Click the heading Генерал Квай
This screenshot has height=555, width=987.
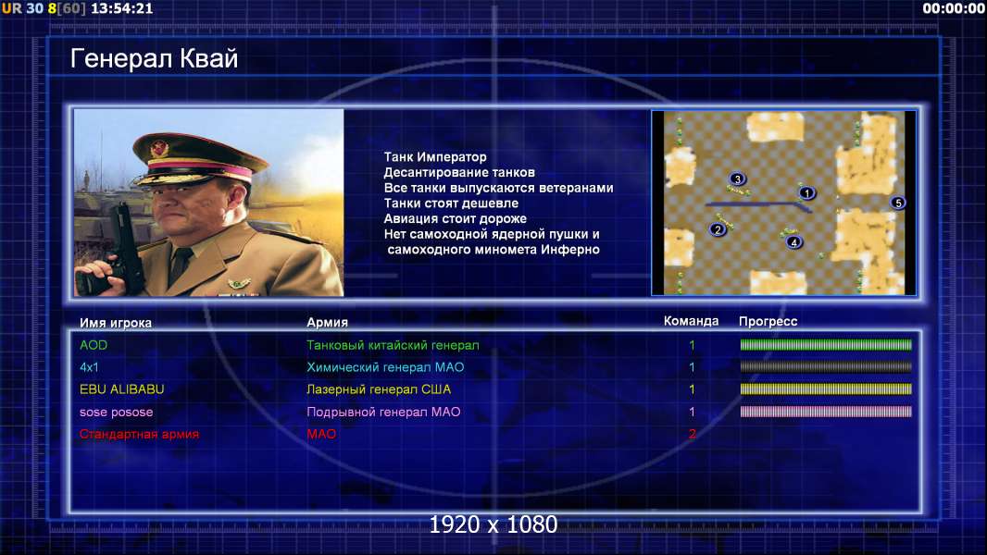click(x=155, y=58)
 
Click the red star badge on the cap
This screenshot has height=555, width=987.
click(x=159, y=149)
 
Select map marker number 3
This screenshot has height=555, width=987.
click(x=737, y=179)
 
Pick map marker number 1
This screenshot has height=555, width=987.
click(x=806, y=193)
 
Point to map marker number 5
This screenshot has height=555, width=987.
click(x=897, y=203)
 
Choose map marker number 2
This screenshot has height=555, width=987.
click(x=717, y=229)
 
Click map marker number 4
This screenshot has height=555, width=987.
click(x=793, y=242)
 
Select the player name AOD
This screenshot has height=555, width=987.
click(x=94, y=345)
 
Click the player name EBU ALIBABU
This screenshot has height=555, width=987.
click(x=121, y=389)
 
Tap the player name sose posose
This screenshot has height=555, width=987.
click(x=116, y=413)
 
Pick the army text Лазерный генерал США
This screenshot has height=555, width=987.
click(x=379, y=389)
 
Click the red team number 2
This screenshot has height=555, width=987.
click(x=692, y=434)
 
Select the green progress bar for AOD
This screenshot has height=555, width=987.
click(x=826, y=344)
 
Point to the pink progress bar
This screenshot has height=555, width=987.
click(x=826, y=412)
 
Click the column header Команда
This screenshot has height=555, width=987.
click(x=691, y=321)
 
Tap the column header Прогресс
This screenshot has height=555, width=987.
click(x=768, y=321)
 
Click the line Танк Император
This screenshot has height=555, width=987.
click(x=435, y=157)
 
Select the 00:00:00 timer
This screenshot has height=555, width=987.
click(x=954, y=9)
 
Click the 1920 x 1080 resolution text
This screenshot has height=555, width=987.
click(x=493, y=524)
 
